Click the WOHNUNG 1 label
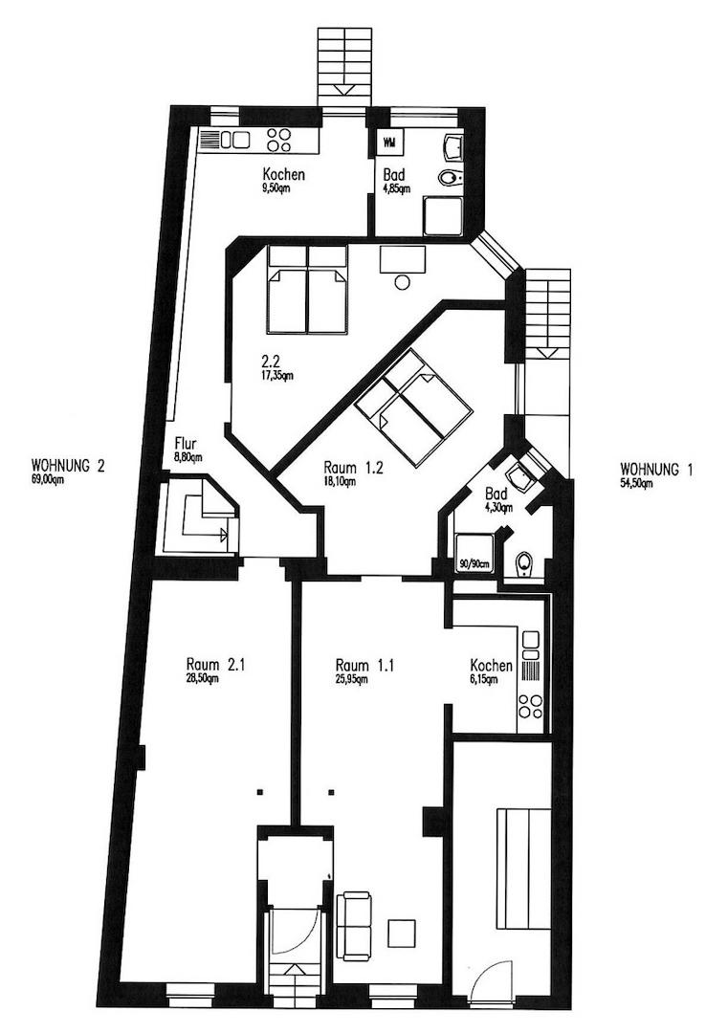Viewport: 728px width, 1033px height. coord(656,470)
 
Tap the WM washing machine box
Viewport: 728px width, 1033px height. coord(390,143)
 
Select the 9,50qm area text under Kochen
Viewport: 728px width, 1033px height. coord(276,188)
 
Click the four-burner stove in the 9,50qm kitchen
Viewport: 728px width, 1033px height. coord(278,141)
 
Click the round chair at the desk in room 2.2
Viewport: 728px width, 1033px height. coord(402,283)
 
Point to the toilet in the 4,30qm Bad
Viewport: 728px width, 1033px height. coord(524,565)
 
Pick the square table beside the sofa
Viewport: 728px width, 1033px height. coord(402,931)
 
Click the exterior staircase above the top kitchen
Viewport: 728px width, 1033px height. coord(344,62)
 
